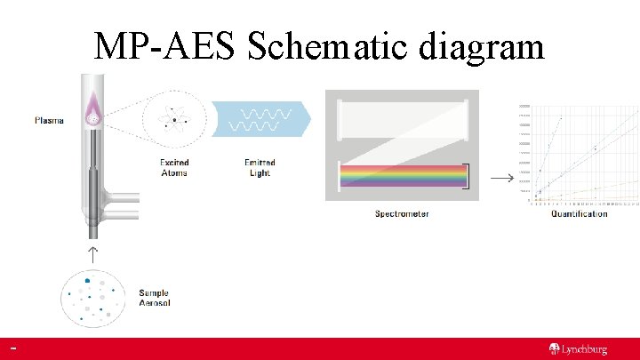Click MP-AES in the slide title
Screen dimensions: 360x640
pyautogui.click(x=165, y=46)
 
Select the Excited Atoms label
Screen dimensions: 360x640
pyautogui.click(x=174, y=168)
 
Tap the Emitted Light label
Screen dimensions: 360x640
pyautogui.click(x=260, y=168)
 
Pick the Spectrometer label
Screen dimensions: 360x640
pyautogui.click(x=402, y=213)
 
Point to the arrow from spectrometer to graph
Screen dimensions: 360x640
pyautogui.click(x=502, y=178)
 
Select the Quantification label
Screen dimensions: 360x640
pyautogui.click(x=579, y=213)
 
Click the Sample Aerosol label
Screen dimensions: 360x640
pyautogui.click(x=154, y=298)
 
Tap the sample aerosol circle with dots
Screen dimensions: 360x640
pyautogui.click(x=92, y=297)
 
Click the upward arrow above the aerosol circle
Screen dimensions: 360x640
pyautogui.click(x=92, y=253)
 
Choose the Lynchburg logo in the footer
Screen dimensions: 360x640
pyautogui.click(x=578, y=349)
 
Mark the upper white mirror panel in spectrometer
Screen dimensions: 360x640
pyautogui.click(x=403, y=118)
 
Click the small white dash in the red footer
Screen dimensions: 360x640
pyautogui.click(x=14, y=348)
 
